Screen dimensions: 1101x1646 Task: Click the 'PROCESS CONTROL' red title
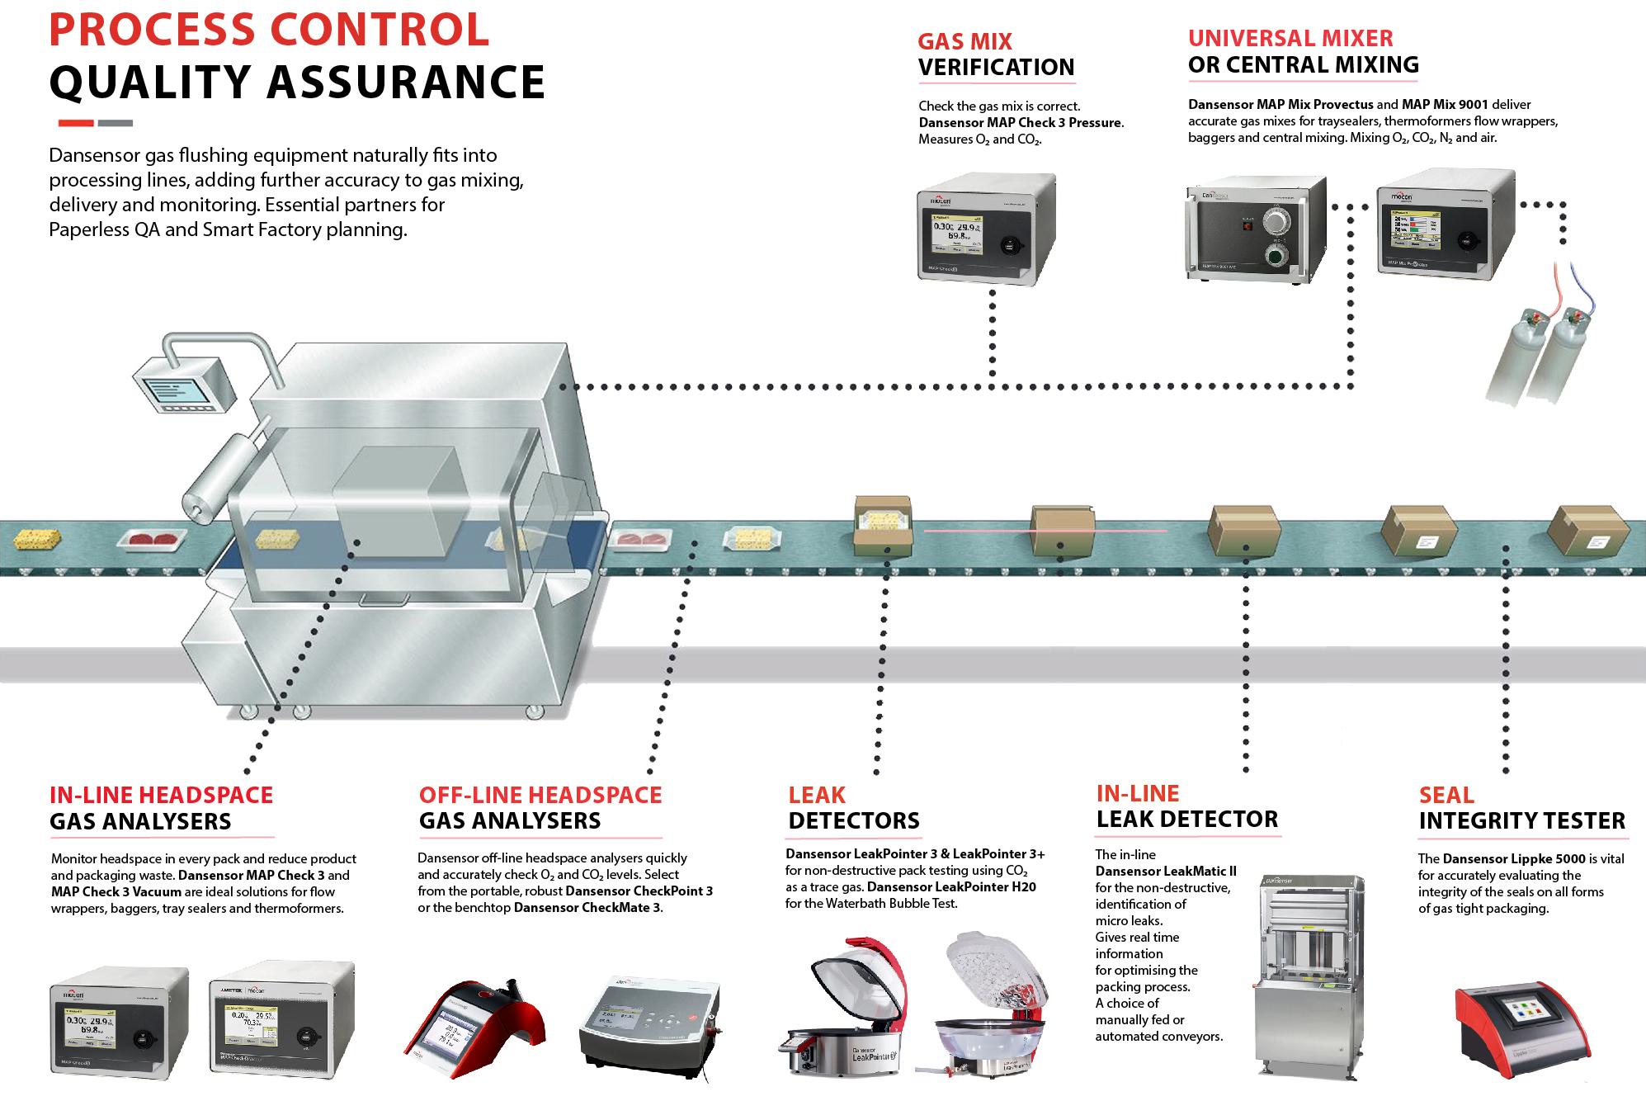click(269, 31)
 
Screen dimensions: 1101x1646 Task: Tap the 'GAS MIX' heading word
click(964, 41)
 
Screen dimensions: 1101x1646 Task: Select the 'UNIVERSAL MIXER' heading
click(1290, 38)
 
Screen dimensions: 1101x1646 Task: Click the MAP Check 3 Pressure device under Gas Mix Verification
click(986, 229)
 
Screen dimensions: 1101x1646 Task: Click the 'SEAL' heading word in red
click(1446, 795)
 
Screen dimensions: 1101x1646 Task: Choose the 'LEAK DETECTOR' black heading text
click(1186, 820)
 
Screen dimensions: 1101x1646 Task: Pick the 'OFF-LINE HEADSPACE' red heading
click(540, 795)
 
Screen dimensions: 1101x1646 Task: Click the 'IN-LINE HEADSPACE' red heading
click(161, 795)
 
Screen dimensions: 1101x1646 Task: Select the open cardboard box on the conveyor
click(883, 526)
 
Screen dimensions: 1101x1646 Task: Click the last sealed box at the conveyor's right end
click(1587, 531)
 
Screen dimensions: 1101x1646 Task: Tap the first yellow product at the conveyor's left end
click(38, 539)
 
